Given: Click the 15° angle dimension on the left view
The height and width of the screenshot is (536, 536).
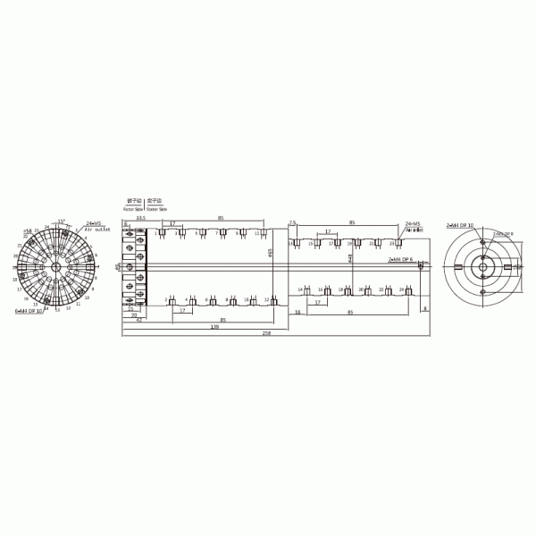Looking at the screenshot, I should (61, 221).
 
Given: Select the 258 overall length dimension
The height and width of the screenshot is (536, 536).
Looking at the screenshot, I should (266, 332).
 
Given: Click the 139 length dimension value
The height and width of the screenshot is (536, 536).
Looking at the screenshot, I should (214, 326).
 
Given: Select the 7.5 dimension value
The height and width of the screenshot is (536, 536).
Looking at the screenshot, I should (292, 222).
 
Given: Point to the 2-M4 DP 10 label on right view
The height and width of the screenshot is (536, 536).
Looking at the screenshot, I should (460, 226).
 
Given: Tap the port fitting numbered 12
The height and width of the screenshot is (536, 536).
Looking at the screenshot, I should (274, 301).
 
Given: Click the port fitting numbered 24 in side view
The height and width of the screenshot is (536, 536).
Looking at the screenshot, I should (408, 291).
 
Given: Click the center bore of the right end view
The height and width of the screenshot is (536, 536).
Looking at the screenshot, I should (482, 267).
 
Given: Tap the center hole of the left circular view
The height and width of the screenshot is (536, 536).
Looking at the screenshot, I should (55, 266).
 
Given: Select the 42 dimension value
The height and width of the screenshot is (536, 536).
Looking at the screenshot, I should (138, 320).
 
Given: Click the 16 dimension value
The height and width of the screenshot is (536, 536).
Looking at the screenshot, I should (297, 314).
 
